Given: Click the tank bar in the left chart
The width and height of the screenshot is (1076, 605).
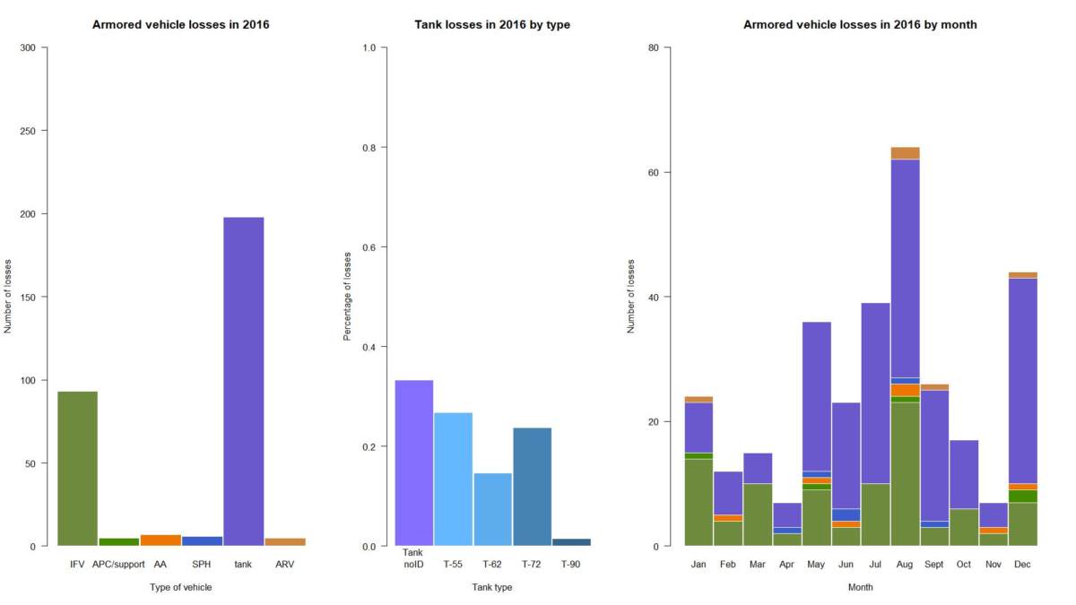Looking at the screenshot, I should pos(243,381).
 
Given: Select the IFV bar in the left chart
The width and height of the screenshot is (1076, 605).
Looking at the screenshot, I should pos(77,468).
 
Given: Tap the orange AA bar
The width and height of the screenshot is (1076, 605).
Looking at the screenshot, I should pos(161,540).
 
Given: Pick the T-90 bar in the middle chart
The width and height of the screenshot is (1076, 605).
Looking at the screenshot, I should pos(571,541).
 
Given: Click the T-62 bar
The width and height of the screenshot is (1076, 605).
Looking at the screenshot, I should pos(492,509).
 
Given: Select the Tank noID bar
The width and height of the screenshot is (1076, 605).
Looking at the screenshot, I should pos(413,462).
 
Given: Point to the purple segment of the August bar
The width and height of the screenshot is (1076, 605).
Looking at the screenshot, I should pos(905,268).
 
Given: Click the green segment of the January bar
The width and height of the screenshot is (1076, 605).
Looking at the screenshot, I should pos(699,502).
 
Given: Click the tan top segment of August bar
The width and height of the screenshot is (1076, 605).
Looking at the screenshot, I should pos(905,152).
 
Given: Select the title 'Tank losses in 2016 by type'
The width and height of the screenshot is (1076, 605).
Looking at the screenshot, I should pos(492,25).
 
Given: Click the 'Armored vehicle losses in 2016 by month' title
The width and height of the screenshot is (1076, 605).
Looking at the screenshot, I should pos(860,25).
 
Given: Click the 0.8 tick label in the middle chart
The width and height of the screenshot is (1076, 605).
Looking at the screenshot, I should pos(368,147).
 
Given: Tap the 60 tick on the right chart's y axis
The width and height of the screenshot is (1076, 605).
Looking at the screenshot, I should pos(654,172).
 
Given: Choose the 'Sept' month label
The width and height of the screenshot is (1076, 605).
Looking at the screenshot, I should pos(934,565).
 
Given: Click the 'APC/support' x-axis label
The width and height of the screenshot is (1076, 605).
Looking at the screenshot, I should pos(118,565).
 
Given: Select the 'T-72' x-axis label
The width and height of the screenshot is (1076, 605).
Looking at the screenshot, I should pos(532,565).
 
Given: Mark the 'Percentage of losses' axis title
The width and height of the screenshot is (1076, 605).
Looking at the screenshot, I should pos(348,297).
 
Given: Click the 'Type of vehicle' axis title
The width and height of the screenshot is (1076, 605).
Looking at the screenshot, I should pos(181,588).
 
